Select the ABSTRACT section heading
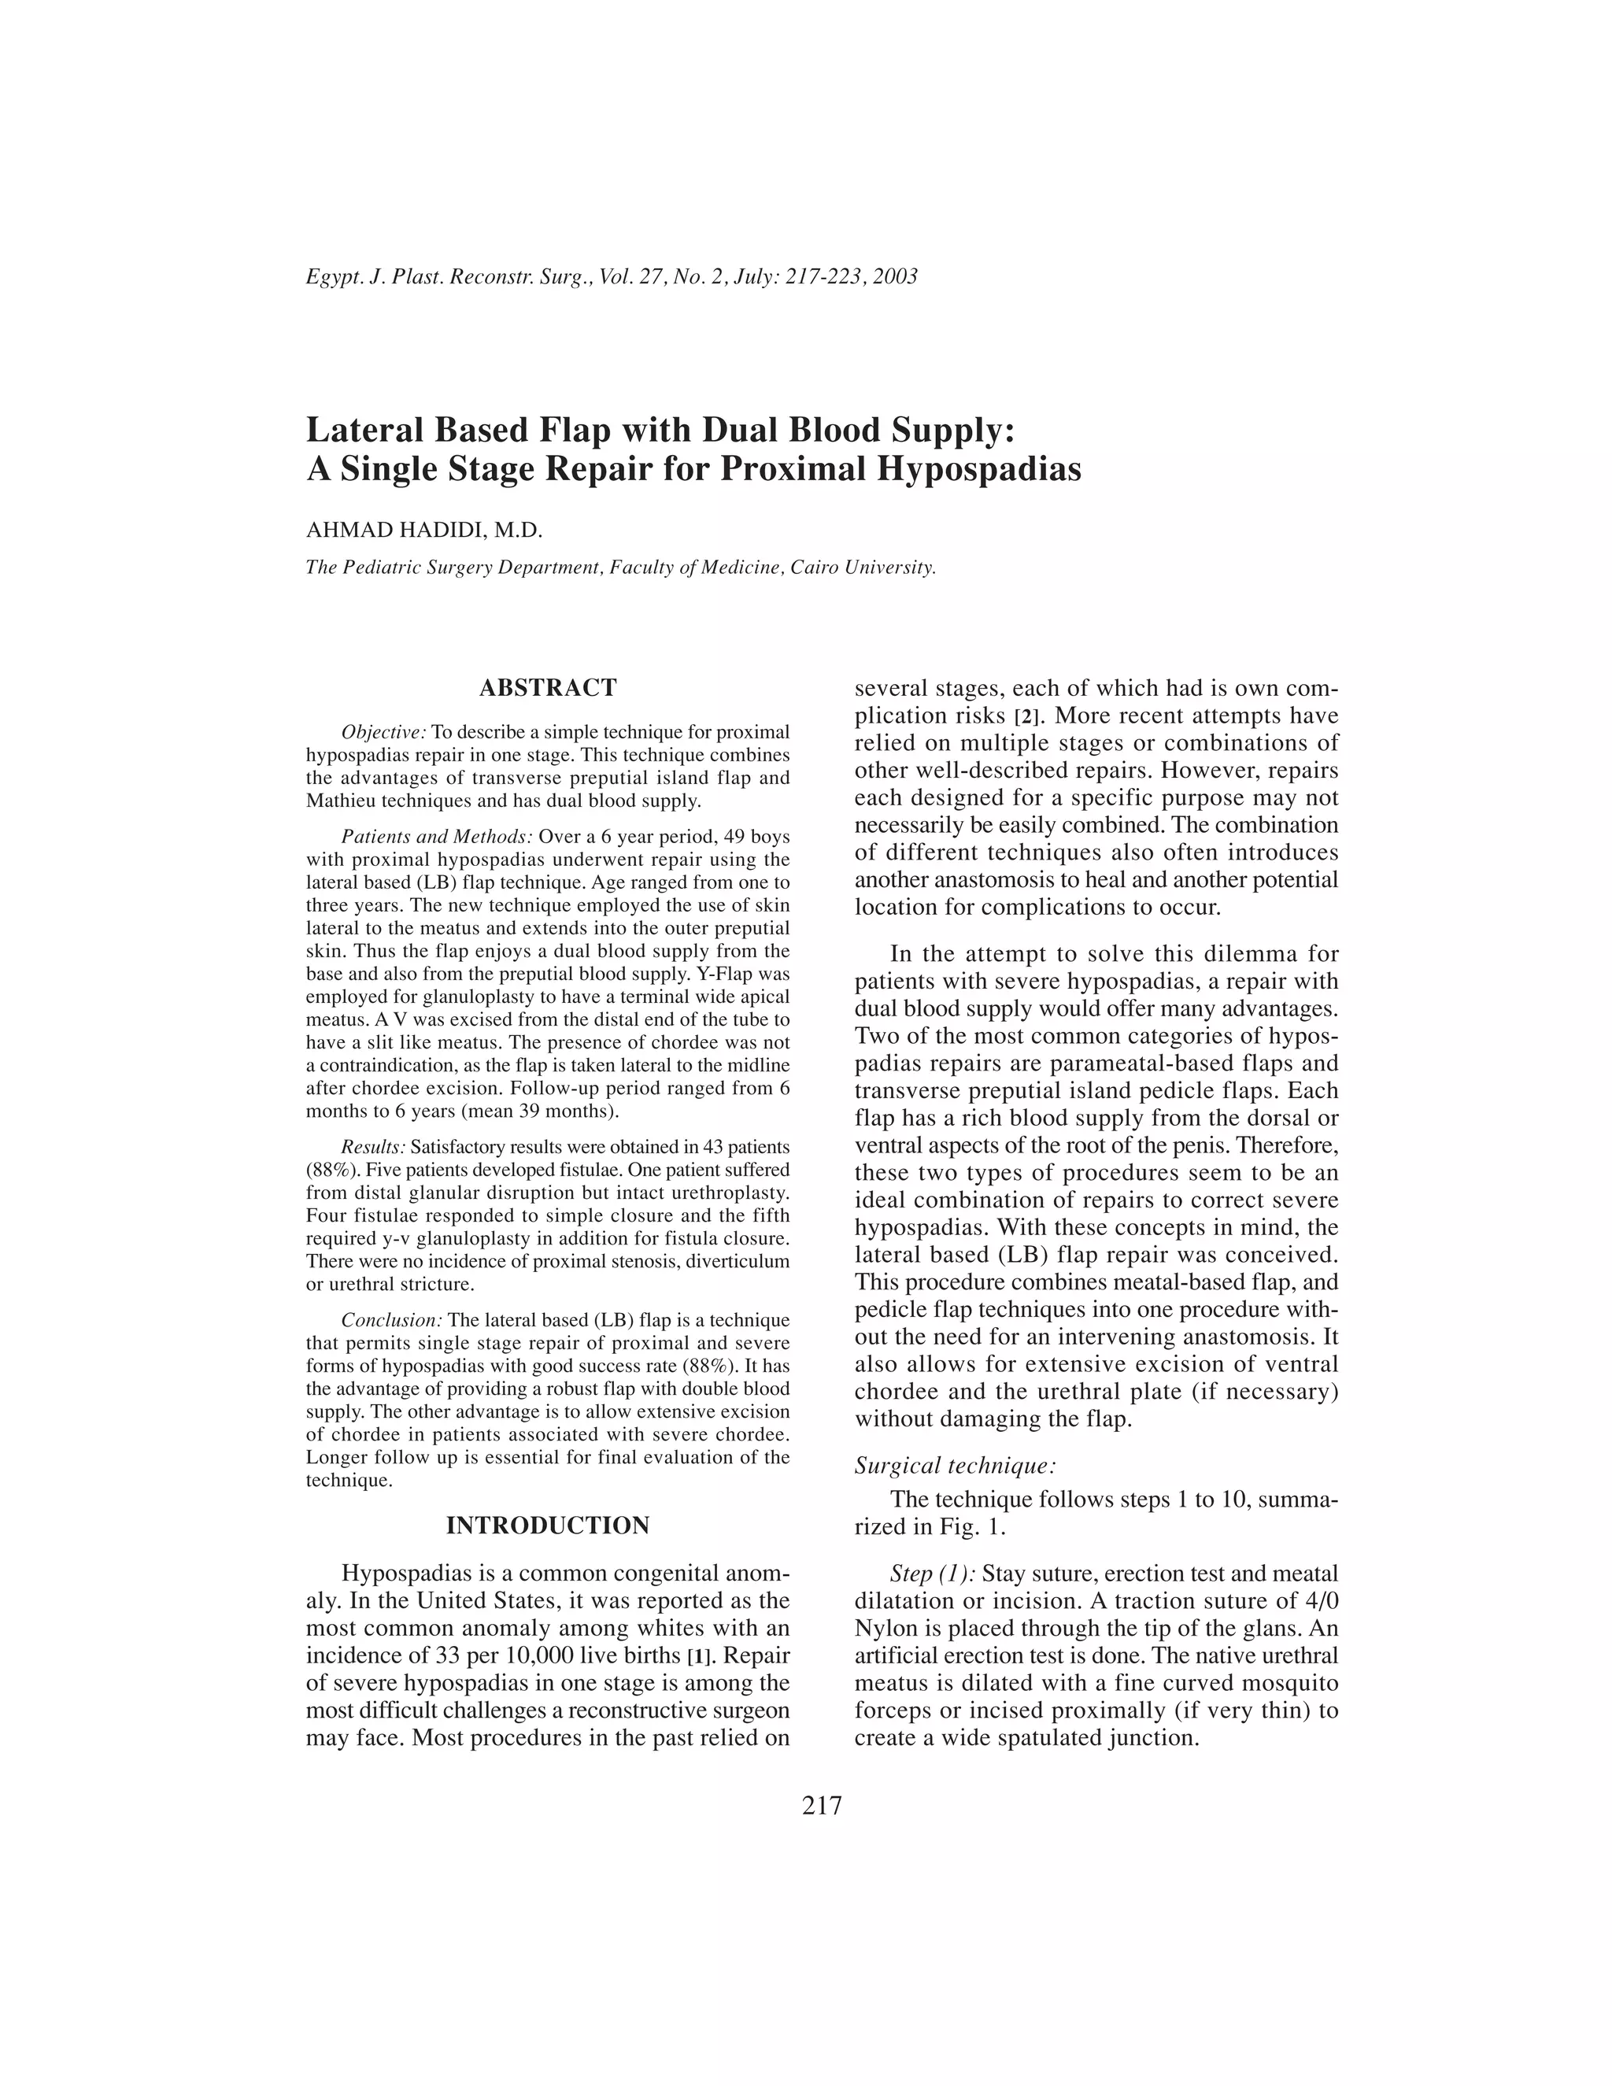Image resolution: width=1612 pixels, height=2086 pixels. (x=547, y=688)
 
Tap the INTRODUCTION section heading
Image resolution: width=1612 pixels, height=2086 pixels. (x=547, y=1526)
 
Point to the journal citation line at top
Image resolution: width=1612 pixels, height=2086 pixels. (x=611, y=277)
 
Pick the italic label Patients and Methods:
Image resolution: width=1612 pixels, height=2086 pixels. (x=438, y=837)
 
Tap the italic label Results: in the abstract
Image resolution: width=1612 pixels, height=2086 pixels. (x=373, y=1147)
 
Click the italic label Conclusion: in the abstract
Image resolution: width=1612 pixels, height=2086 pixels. (x=391, y=1320)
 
